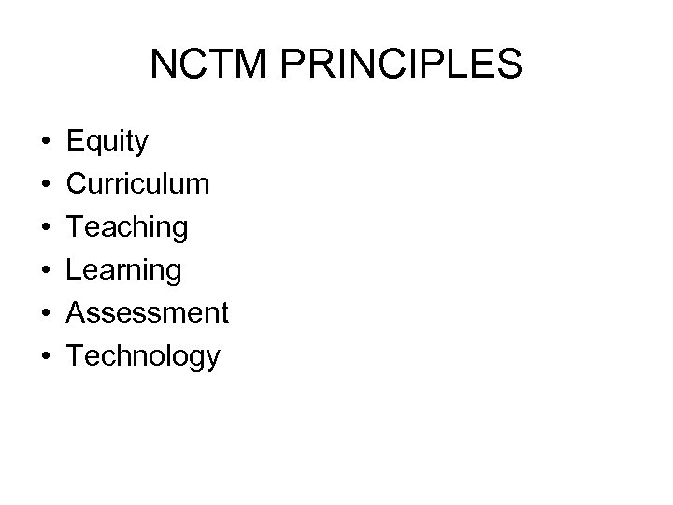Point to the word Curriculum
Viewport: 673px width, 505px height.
pos(138,184)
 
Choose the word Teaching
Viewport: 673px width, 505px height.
pos(127,227)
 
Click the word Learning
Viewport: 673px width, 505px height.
pos(124,270)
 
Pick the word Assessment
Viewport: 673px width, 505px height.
pos(148,311)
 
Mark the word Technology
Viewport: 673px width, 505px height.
pos(144,355)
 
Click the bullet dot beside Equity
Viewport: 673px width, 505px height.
pos(45,144)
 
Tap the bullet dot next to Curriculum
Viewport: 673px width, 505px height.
pos(45,185)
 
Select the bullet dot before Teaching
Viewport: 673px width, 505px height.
pos(45,228)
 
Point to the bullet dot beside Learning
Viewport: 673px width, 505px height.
pos(45,270)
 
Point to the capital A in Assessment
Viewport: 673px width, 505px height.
pos(78,311)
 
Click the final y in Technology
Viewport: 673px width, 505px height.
pos(213,359)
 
